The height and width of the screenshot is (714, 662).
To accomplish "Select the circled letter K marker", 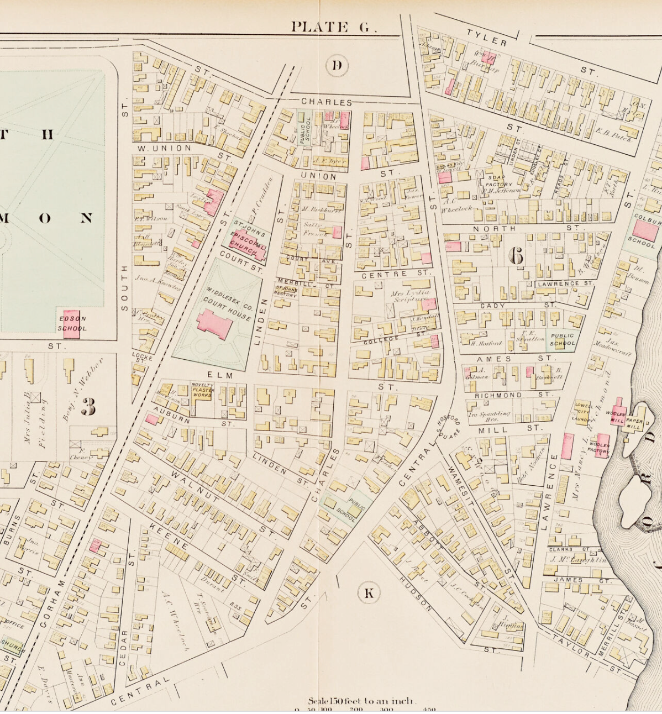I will (369, 594).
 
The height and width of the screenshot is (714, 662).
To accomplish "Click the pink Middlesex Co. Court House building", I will (215, 323).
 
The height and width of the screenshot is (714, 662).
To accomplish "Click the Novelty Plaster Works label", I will (203, 390).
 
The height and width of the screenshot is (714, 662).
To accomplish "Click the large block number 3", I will (88, 406).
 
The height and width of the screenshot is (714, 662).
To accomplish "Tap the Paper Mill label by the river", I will (634, 424).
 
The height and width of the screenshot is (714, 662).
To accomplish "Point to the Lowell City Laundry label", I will (583, 412).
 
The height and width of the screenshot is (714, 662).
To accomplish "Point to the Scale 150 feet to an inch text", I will (362, 701).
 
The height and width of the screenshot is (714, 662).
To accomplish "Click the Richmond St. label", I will (498, 395).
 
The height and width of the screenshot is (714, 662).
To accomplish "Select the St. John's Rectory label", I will (286, 292).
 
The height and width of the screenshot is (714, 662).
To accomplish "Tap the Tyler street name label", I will (487, 38).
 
